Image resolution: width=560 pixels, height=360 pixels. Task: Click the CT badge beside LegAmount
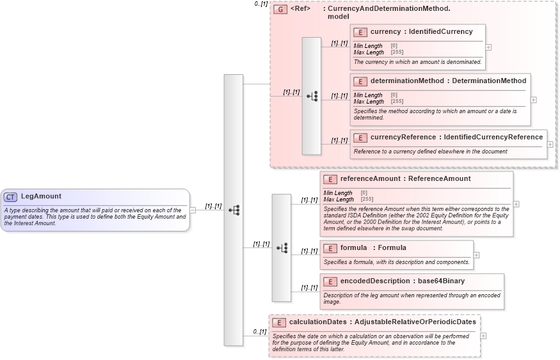click(11, 197)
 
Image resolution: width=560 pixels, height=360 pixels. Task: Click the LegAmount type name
click(41, 196)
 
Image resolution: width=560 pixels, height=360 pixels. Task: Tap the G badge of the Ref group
click(280, 10)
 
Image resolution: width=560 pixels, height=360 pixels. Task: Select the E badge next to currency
click(360, 32)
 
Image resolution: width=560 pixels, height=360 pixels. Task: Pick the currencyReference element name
click(403, 137)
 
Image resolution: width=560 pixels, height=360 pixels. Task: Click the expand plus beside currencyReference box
click(550, 145)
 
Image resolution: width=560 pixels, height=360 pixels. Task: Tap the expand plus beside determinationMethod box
click(534, 100)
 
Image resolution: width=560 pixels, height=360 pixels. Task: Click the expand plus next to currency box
click(489, 47)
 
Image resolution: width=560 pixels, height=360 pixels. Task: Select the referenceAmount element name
click(370, 179)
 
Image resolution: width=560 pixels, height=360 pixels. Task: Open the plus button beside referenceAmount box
click(516, 204)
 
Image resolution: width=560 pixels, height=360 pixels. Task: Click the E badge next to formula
click(330, 248)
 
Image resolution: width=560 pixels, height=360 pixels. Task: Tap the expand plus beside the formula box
click(476, 255)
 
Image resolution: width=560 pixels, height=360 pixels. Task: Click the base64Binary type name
click(442, 281)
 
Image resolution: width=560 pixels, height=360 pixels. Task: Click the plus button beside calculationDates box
click(483, 336)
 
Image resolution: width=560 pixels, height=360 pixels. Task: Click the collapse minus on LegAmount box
click(193, 210)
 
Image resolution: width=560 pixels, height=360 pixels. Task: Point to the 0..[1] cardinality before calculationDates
click(259, 332)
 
